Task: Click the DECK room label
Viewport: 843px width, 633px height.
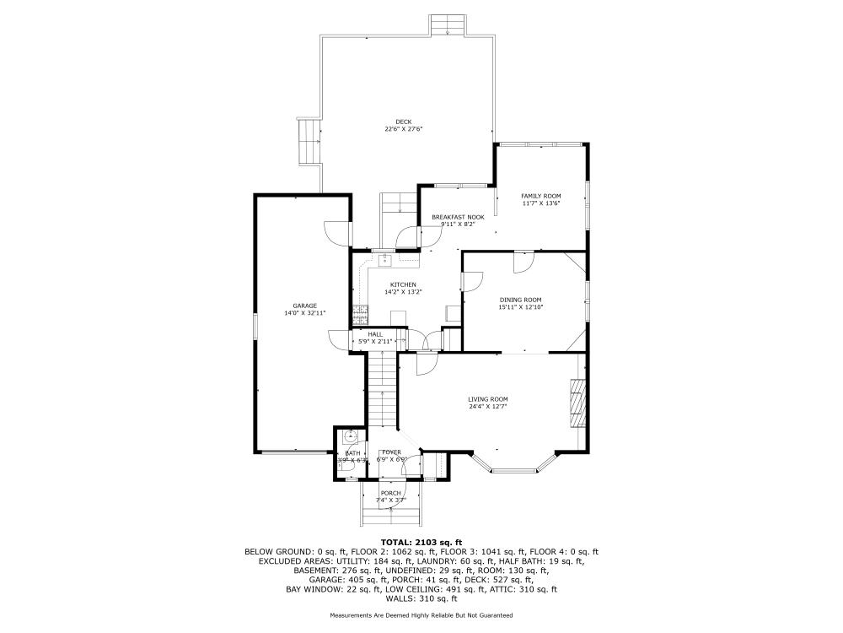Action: tap(404, 122)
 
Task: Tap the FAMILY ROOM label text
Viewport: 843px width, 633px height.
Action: tap(540, 196)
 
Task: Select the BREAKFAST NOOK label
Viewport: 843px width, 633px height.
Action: tap(458, 217)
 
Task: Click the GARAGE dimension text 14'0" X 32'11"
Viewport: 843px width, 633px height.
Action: tap(304, 313)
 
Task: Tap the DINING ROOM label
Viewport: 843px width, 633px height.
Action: tap(520, 300)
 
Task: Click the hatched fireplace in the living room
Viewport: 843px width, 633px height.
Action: tap(577, 405)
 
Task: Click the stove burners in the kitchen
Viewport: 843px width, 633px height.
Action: tap(361, 314)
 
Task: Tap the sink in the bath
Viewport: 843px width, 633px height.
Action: tap(351, 436)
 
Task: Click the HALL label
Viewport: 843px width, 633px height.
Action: tap(375, 334)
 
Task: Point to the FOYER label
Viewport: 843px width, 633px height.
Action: tap(390, 452)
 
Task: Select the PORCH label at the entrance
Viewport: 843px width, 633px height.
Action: tap(390, 493)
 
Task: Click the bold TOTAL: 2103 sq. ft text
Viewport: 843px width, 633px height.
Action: tap(421, 542)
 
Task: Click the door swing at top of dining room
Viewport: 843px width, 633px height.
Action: tap(523, 260)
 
